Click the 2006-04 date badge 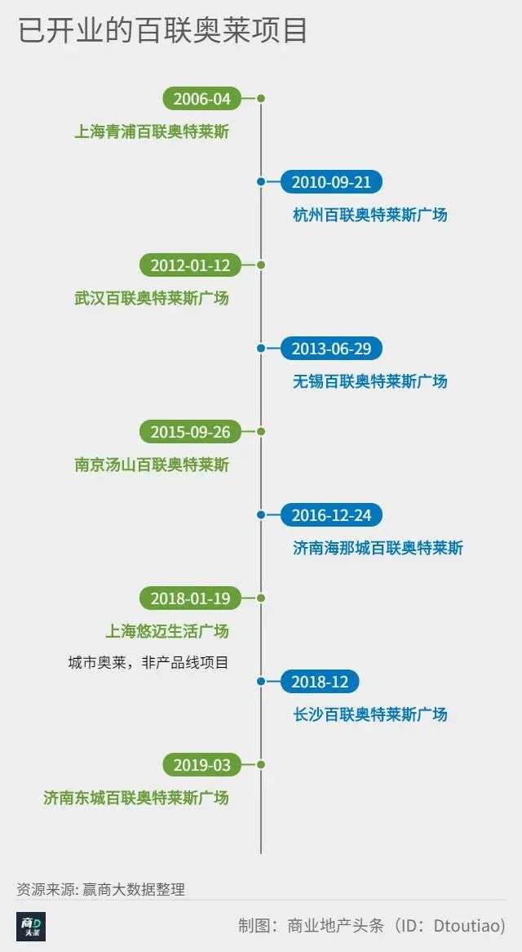click(x=202, y=98)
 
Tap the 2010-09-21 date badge click(x=331, y=181)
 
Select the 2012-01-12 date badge click(x=190, y=265)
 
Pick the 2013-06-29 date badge click(x=331, y=349)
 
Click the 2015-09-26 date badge click(x=190, y=432)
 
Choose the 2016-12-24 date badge click(x=331, y=515)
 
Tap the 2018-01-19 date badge click(x=190, y=598)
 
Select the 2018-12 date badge click(x=320, y=681)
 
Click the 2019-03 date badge click(x=202, y=764)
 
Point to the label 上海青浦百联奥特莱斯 click(x=152, y=131)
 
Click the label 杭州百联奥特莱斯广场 click(x=369, y=215)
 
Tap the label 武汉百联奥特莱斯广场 click(x=152, y=298)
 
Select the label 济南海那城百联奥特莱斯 click(x=378, y=548)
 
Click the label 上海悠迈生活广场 click(x=167, y=631)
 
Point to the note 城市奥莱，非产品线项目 click(x=148, y=662)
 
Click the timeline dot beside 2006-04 click(x=261, y=98)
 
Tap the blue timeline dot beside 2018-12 click(x=261, y=681)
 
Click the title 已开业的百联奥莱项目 click(x=162, y=31)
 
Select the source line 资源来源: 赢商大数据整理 click(x=100, y=889)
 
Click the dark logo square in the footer click(x=32, y=927)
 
